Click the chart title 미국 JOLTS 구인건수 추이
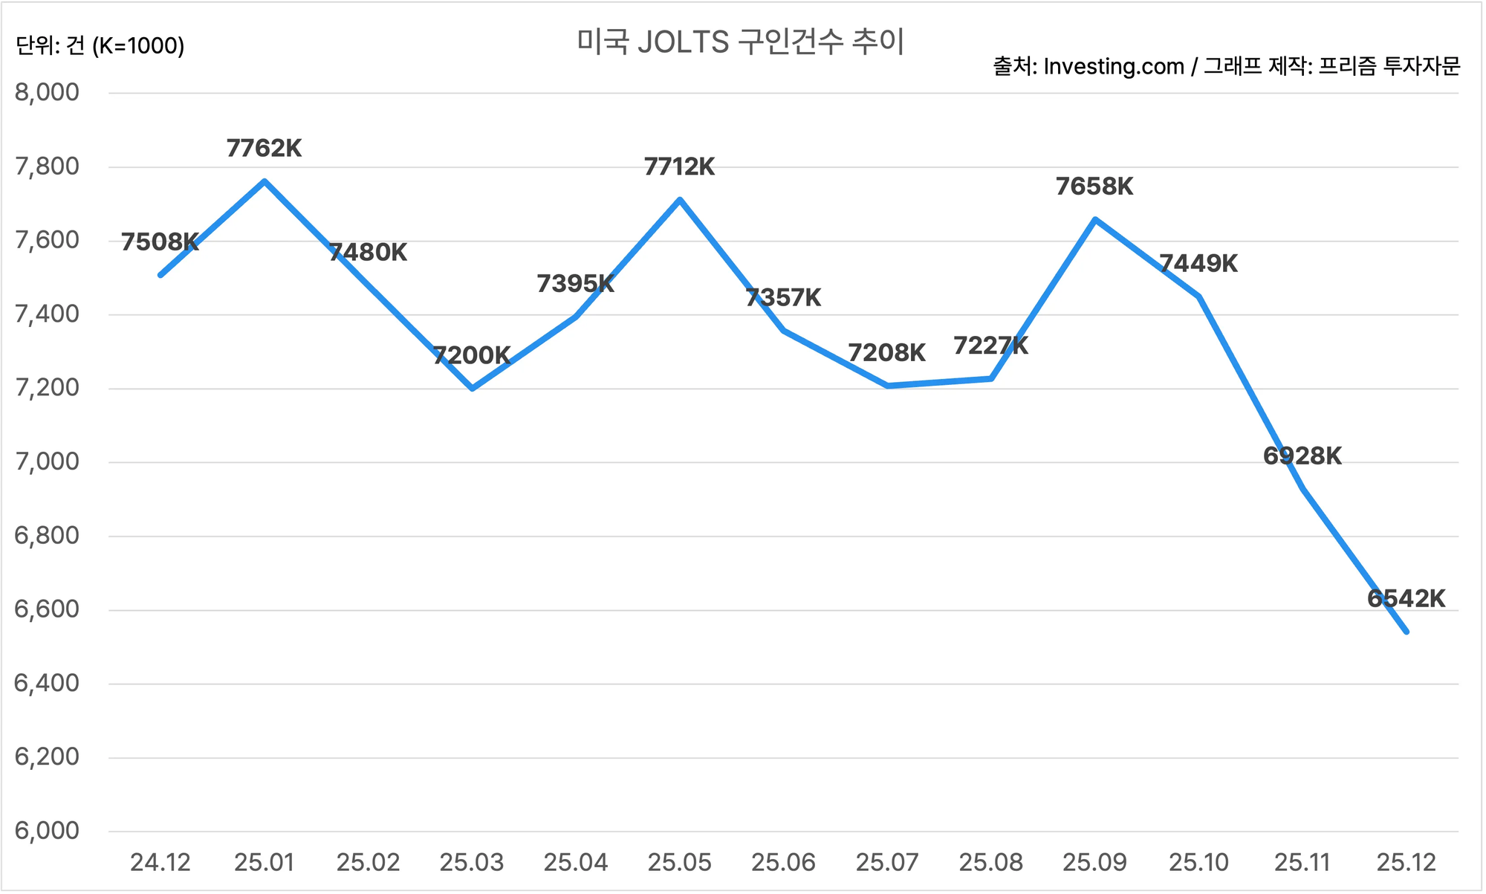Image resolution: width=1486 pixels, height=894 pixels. (x=741, y=42)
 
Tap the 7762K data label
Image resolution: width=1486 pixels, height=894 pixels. (x=264, y=149)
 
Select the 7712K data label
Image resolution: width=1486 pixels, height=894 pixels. (x=679, y=167)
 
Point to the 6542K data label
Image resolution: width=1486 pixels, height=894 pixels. (x=1406, y=599)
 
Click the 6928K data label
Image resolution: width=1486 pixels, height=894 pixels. (x=1302, y=456)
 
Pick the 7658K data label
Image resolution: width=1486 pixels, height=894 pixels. (x=1094, y=187)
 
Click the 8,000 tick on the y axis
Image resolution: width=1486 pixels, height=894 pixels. (x=47, y=93)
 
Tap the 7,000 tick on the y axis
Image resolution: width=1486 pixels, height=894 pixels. (x=47, y=461)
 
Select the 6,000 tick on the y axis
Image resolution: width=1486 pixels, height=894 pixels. (x=47, y=831)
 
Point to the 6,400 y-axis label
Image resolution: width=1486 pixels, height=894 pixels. (x=47, y=683)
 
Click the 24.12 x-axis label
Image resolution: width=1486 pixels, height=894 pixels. (x=160, y=863)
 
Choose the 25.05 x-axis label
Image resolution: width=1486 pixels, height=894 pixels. (x=679, y=863)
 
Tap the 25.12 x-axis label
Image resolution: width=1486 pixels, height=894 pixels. (x=1406, y=863)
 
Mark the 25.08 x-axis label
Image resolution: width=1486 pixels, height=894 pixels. (x=990, y=863)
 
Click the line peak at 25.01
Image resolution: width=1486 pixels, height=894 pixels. (x=265, y=181)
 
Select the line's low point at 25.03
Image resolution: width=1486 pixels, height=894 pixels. (x=473, y=389)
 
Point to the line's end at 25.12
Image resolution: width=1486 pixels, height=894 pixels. (x=1406, y=632)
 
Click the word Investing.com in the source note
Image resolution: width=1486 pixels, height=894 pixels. (x=1113, y=67)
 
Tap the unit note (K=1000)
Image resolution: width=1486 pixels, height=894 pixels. (x=138, y=46)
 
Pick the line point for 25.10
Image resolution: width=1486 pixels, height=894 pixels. (x=1198, y=297)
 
